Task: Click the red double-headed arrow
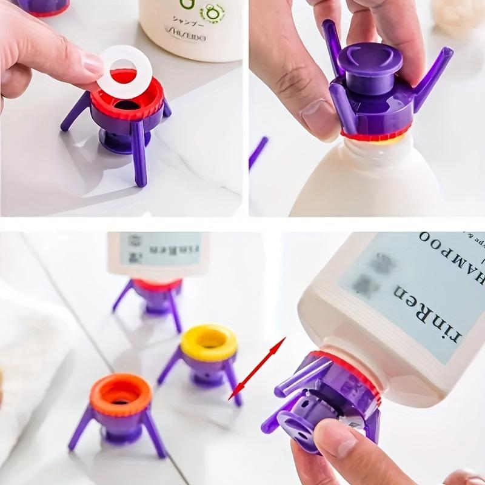pyautogui.click(x=257, y=369)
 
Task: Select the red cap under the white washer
pyautogui.click(x=127, y=100)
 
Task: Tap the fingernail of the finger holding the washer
pyautogui.click(x=92, y=63)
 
